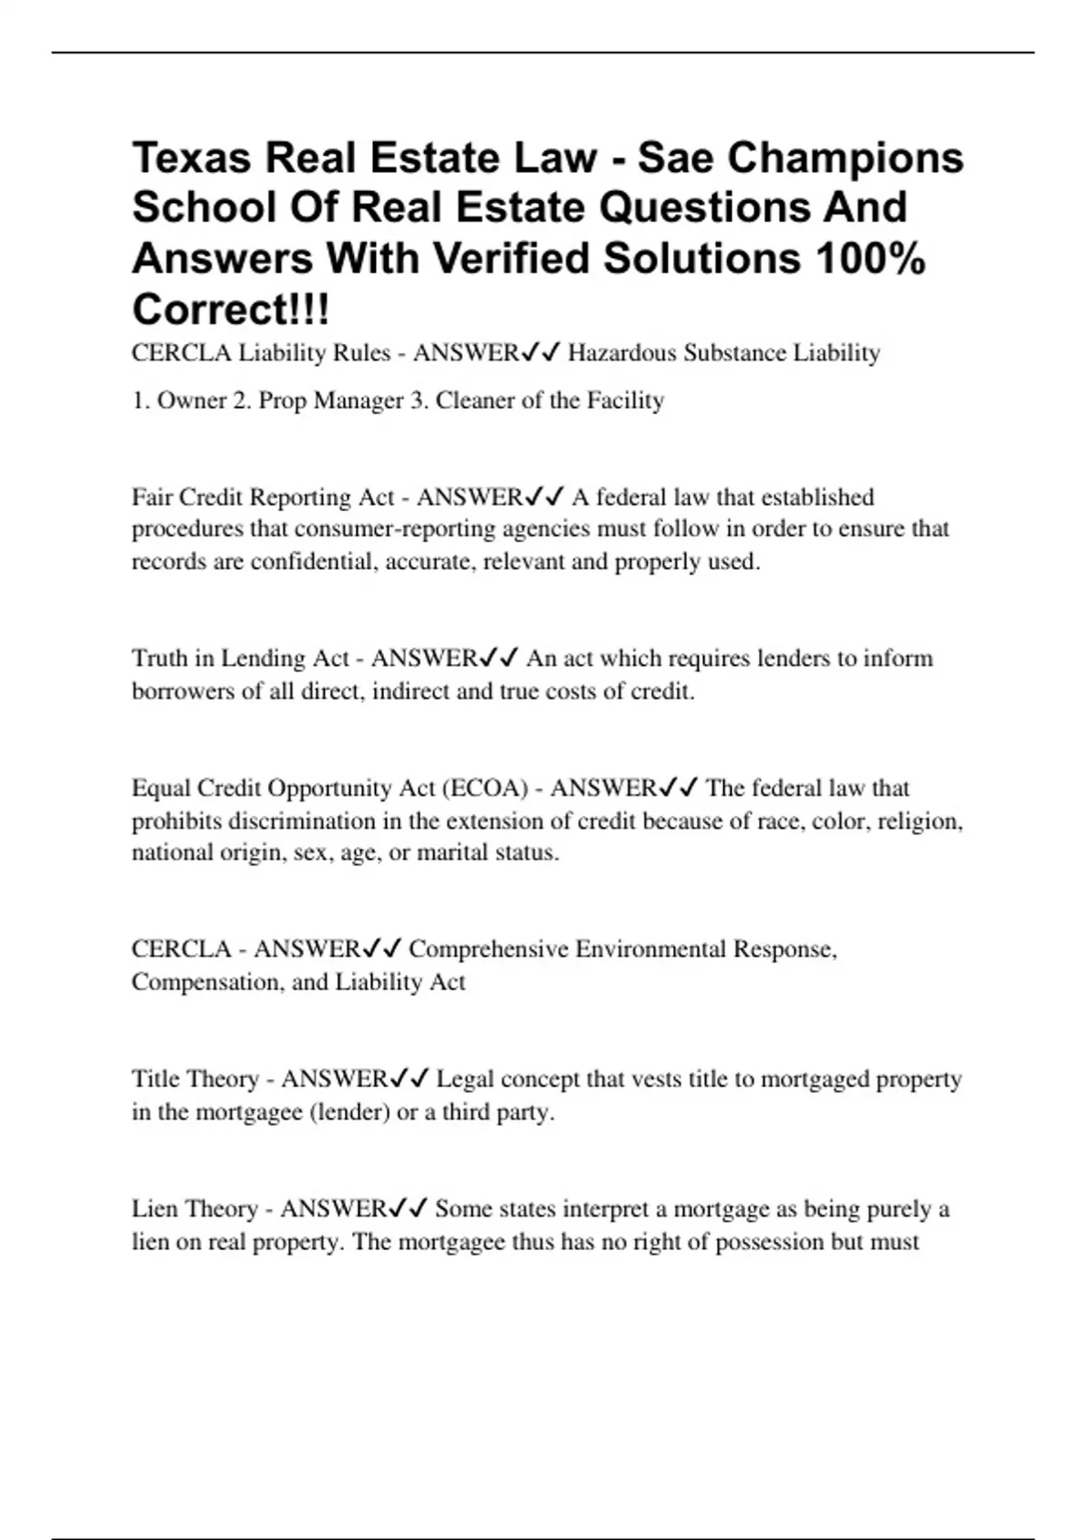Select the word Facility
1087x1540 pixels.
[625, 400]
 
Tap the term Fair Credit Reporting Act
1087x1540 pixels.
[263, 497]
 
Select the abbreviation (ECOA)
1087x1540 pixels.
[485, 788]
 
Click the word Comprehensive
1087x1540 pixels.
[488, 949]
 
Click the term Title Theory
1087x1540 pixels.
[196, 1079]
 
